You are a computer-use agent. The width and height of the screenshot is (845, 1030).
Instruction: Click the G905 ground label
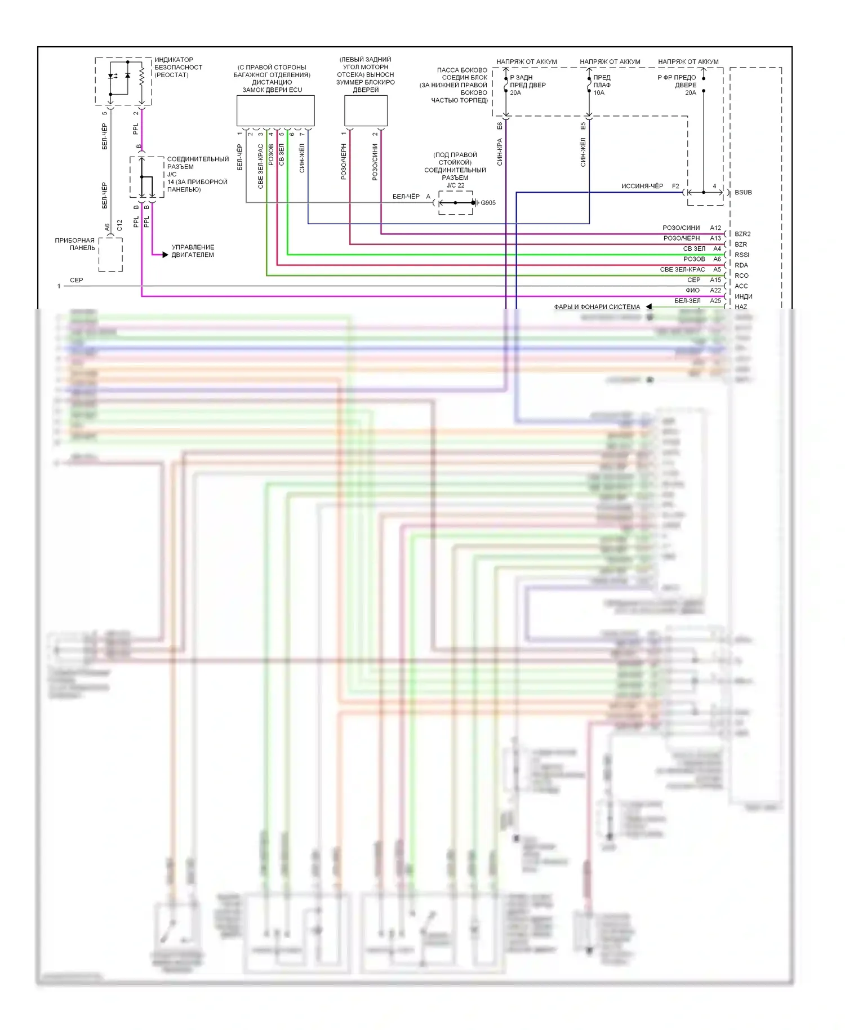488,203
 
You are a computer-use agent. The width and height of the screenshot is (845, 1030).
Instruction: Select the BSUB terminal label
743,192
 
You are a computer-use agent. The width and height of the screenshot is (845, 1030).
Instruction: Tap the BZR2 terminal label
742,234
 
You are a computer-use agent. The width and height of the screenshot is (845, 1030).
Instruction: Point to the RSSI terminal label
742,255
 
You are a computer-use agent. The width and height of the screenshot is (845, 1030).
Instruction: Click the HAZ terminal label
741,307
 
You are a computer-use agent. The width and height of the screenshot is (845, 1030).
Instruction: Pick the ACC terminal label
741,286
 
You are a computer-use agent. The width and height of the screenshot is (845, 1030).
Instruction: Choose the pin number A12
715,228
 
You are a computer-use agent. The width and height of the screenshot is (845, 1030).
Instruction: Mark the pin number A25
715,301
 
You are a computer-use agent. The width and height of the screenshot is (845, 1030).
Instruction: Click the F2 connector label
675,186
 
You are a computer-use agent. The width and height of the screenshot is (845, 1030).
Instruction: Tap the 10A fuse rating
599,93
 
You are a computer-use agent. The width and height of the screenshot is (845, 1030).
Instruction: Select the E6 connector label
500,126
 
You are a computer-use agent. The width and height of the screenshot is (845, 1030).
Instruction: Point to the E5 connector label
583,126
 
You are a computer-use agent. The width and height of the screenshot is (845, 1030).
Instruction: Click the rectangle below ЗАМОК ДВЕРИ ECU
275,110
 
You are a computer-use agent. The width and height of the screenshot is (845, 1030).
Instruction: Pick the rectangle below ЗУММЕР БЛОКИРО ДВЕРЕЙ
366,110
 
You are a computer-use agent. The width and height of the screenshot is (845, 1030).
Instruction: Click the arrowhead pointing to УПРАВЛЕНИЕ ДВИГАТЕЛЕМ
165,255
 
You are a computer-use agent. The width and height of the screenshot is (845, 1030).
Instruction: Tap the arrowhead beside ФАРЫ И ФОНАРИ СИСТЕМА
648,307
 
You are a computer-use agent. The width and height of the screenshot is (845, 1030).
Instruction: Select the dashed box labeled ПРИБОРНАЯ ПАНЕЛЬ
110,255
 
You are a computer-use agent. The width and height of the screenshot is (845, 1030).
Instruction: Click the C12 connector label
119,225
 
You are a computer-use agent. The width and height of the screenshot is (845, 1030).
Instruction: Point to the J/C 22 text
455,185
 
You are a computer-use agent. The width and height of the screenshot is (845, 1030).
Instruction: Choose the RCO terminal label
741,276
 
